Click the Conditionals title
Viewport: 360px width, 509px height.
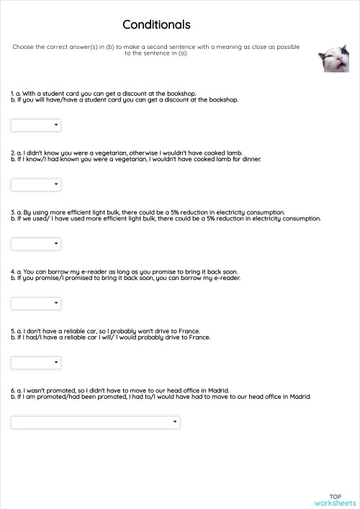click(156, 25)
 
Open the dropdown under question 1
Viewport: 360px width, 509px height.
click(36, 125)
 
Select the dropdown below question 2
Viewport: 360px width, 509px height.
click(36, 185)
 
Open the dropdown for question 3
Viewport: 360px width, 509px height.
click(36, 244)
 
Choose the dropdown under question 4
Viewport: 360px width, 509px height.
click(36, 303)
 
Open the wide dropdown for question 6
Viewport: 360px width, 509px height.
click(95, 422)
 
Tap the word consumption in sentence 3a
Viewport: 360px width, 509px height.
click(266, 212)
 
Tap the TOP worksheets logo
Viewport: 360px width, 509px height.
click(335, 500)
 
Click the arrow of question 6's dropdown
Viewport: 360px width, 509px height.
click(174, 422)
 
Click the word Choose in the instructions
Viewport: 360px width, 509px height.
click(22, 47)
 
